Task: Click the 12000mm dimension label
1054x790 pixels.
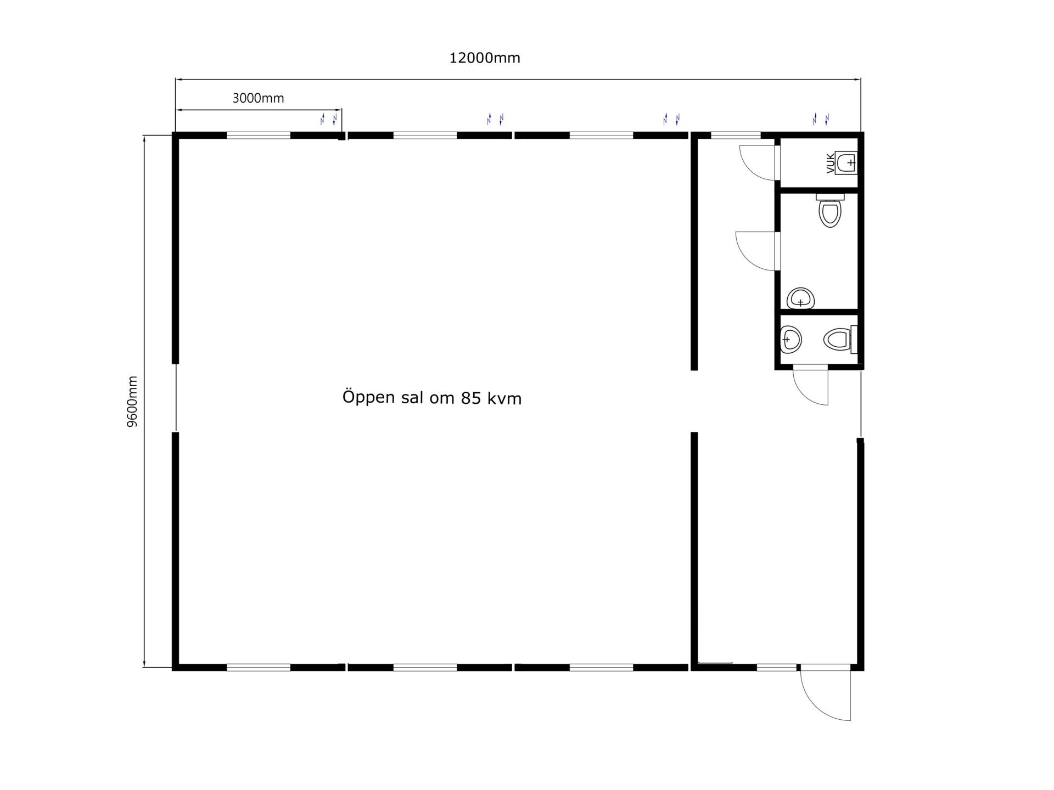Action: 485,58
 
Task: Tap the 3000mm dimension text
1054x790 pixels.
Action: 258,98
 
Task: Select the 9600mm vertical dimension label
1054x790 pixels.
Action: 132,402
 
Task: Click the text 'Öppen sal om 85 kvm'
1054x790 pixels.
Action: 432,397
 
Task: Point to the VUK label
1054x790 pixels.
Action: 830,163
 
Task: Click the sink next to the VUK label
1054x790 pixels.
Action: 847,162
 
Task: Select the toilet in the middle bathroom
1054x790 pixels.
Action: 829,210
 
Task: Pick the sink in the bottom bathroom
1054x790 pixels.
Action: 791,340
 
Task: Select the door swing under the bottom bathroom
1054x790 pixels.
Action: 811,387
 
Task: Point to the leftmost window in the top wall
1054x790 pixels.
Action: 259,135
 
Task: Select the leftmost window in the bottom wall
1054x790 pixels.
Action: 259,668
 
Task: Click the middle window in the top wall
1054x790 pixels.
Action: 425,135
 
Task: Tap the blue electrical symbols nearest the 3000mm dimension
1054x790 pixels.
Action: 328,119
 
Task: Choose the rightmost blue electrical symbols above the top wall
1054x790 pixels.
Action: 821,119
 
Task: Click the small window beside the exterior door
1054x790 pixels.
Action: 776,668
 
